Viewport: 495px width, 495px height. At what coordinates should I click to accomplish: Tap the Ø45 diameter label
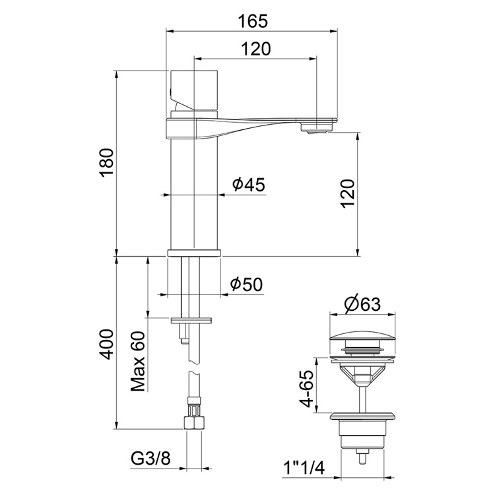click(x=249, y=185)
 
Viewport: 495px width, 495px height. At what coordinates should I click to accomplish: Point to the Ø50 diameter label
click(x=246, y=284)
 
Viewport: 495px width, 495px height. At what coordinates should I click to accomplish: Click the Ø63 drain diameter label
click(x=362, y=304)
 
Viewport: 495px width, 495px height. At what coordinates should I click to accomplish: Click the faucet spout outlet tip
click(x=319, y=126)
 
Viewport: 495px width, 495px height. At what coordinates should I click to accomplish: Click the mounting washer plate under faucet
click(x=193, y=321)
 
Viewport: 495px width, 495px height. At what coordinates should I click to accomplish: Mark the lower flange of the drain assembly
click(x=362, y=416)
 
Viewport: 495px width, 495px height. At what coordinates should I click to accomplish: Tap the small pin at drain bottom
click(x=362, y=456)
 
